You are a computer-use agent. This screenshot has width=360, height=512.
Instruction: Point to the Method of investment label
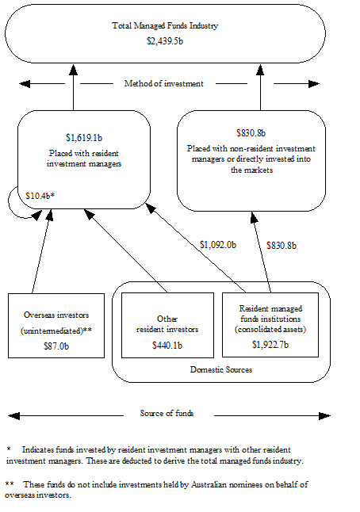pyautogui.click(x=164, y=83)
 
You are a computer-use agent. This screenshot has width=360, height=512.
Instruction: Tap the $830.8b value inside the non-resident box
pyautogui.click(x=251, y=132)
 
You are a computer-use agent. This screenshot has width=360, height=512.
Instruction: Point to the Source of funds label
pyautogui.click(x=168, y=413)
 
